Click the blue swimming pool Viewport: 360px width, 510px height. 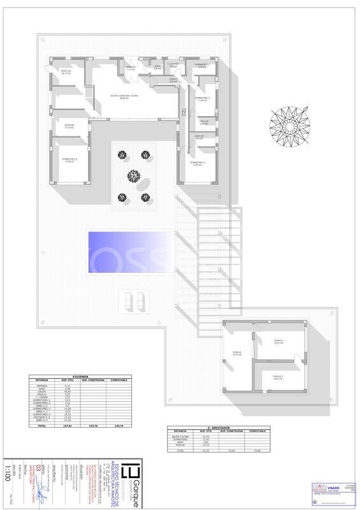click(x=131, y=252)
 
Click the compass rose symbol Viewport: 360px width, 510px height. click(x=289, y=121)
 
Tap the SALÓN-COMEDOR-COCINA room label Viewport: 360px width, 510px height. click(x=119, y=97)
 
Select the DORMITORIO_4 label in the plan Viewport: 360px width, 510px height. click(x=70, y=159)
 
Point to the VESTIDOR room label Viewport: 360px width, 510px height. click(x=69, y=126)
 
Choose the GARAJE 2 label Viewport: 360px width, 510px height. click(x=278, y=377)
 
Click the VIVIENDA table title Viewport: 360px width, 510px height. click(x=81, y=375)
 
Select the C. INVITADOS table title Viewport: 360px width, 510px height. click(x=219, y=428)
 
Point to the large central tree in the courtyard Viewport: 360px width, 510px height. click(x=134, y=176)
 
